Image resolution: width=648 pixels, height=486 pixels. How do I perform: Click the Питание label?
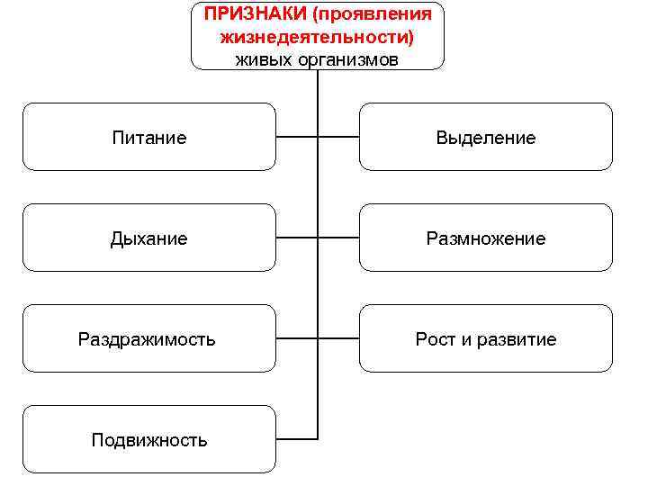tap(149, 138)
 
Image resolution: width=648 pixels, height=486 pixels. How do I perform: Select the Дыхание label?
tap(149, 238)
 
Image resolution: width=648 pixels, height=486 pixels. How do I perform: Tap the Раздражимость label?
tap(147, 339)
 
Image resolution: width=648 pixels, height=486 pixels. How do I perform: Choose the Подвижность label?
tap(149, 440)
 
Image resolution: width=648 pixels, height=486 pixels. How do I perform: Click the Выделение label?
tap(486, 138)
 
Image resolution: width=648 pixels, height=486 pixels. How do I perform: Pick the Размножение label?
tap(486, 238)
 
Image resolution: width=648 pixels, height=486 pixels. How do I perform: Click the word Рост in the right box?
tap(434, 339)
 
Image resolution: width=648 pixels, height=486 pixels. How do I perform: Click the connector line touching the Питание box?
tap(296, 138)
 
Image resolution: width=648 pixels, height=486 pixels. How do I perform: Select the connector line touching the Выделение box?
tap(339, 138)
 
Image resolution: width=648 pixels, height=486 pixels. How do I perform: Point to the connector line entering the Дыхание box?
tap(296, 238)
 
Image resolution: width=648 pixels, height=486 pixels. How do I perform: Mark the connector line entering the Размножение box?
tap(339, 238)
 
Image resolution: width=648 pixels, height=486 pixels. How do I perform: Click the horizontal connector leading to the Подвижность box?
tap(296, 439)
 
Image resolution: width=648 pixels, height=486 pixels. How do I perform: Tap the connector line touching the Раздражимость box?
tap(296, 339)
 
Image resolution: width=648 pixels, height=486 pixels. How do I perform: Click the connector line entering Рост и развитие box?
tap(339, 339)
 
